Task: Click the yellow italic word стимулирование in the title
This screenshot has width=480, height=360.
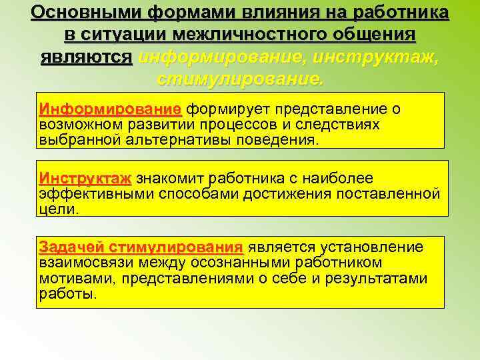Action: point(240,79)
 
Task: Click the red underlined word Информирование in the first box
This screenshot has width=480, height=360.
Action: point(110,109)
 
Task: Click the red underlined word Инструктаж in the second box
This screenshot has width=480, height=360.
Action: point(85,178)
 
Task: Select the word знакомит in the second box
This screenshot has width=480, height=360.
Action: point(171,178)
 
